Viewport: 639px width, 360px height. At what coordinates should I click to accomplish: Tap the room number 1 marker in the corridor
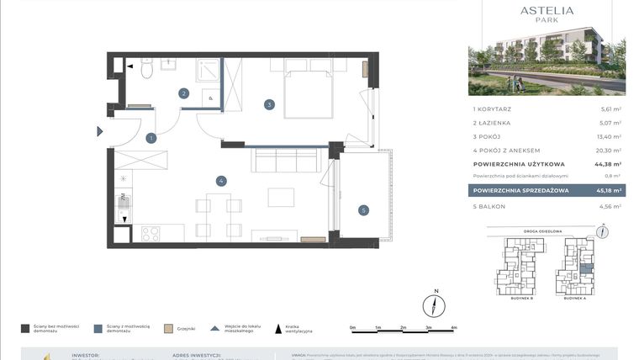[x=151, y=138]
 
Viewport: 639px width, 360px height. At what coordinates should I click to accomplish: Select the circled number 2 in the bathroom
[x=184, y=93]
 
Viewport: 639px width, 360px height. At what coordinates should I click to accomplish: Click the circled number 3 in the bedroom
[x=269, y=105]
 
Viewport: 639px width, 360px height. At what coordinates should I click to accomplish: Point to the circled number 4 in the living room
[x=220, y=180]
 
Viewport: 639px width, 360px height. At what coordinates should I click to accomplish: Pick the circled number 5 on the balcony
[x=363, y=210]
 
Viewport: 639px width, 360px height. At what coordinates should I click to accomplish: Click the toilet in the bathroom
[x=146, y=70]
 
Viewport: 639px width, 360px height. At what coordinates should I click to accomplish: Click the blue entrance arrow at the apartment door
[x=99, y=131]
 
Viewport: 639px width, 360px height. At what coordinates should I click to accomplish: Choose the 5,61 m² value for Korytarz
[x=610, y=109]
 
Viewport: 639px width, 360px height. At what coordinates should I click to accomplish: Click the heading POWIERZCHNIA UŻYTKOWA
[x=519, y=164]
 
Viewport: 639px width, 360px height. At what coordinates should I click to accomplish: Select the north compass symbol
[x=435, y=304]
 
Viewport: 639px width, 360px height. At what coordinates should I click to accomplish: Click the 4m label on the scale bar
[x=453, y=326]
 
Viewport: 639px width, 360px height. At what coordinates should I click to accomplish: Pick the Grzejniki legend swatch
[x=168, y=329]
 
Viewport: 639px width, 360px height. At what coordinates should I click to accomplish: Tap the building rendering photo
[x=547, y=64]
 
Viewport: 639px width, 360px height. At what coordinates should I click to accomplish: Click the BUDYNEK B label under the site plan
[x=521, y=298]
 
